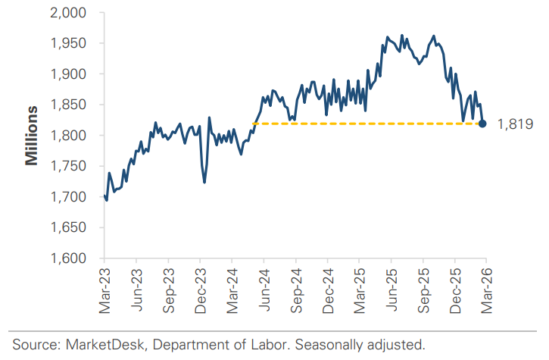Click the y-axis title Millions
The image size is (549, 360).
click(x=32, y=136)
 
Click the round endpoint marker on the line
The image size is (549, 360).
click(x=483, y=124)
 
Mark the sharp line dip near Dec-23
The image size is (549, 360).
click(x=204, y=181)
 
